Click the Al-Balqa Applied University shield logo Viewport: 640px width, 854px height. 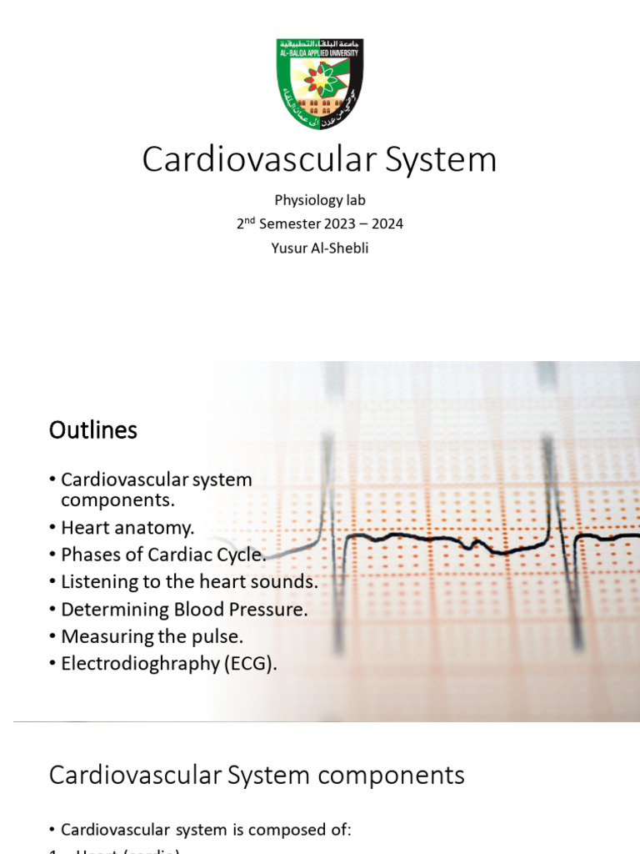(x=319, y=83)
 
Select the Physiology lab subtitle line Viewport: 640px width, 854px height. (x=319, y=200)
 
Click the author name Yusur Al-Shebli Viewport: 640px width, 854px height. (x=319, y=249)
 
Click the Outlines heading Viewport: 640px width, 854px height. (x=92, y=430)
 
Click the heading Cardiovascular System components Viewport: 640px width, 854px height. (x=257, y=775)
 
